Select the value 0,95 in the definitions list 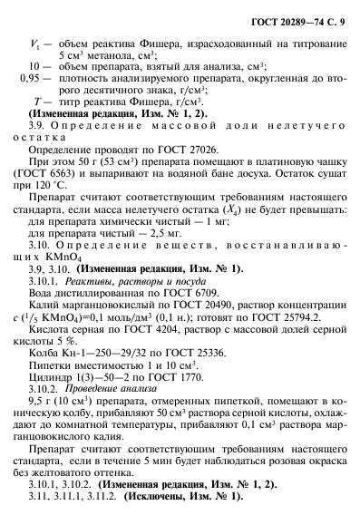(x=31, y=79)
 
